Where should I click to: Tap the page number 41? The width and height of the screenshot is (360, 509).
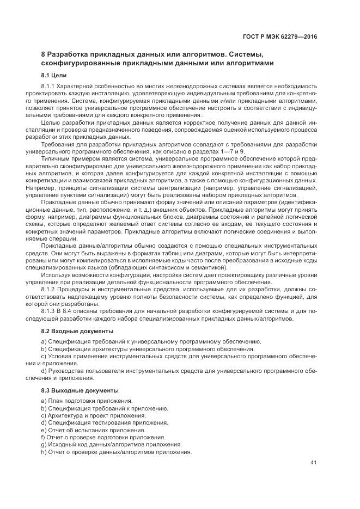[313, 463]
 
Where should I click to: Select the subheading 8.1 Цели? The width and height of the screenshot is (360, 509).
[54, 75]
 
